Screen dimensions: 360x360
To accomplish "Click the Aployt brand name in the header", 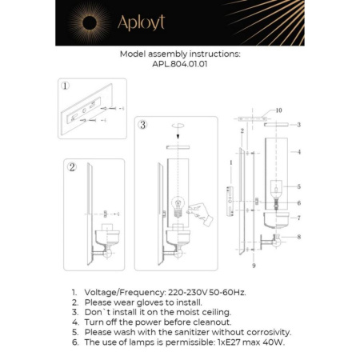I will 141,23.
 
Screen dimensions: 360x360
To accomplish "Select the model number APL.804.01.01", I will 179,67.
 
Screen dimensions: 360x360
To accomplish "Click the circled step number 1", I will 65,86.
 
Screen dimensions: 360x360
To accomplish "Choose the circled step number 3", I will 142,125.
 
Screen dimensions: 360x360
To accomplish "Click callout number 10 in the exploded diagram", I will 279,110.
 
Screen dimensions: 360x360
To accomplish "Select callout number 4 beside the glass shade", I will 298,151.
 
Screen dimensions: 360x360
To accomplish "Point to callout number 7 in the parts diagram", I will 298,218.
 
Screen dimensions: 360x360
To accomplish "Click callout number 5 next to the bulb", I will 298,186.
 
